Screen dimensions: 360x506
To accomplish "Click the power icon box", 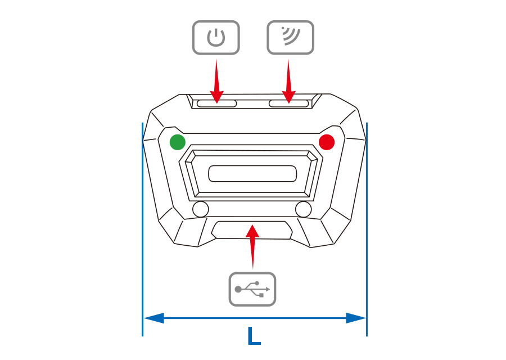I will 216,38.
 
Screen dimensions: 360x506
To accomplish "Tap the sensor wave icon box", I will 290,38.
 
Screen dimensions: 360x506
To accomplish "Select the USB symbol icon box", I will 252,289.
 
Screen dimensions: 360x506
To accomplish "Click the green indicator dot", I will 178,142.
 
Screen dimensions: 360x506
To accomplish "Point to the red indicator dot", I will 327,142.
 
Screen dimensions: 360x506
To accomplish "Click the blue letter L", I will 254,336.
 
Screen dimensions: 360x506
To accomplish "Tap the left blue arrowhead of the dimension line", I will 153,318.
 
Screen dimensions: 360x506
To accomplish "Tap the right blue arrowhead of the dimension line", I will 356,318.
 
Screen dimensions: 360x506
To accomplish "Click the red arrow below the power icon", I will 216,82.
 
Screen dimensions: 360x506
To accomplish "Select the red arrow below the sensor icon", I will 289,82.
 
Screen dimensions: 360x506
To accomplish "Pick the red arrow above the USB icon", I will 253,245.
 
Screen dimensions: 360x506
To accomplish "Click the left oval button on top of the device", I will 216,103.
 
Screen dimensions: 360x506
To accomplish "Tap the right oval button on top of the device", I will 289,103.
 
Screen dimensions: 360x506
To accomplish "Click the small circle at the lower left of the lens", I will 200,209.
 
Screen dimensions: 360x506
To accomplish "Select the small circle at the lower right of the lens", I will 304,209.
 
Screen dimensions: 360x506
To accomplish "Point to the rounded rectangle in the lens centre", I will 252,174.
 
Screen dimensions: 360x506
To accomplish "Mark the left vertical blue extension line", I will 143,225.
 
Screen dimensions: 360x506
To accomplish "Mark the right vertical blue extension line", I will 367,225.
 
